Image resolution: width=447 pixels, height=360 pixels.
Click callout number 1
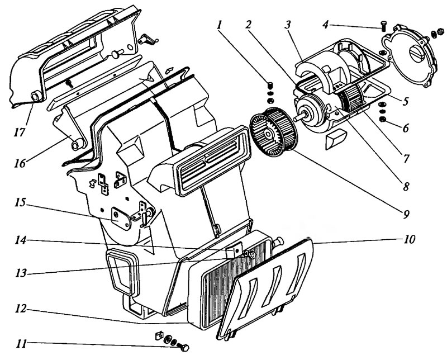(x=219, y=25)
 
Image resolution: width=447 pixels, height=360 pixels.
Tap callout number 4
(x=326, y=25)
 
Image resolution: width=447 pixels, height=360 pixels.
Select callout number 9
(x=406, y=214)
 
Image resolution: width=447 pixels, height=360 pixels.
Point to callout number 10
(x=409, y=239)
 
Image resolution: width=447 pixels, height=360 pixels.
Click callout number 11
(x=21, y=343)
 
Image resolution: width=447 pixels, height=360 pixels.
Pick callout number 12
(x=21, y=309)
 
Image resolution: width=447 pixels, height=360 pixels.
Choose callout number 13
(x=21, y=273)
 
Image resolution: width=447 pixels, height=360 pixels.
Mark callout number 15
(x=21, y=202)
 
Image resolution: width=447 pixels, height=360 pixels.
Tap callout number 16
(x=20, y=164)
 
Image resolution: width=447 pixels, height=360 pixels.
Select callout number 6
(x=406, y=128)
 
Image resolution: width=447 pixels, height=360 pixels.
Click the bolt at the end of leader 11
(x=183, y=348)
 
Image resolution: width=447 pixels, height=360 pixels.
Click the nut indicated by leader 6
(x=383, y=119)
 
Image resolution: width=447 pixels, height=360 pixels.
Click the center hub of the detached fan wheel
(x=268, y=133)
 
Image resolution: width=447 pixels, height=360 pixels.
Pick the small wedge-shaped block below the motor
(x=336, y=139)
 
